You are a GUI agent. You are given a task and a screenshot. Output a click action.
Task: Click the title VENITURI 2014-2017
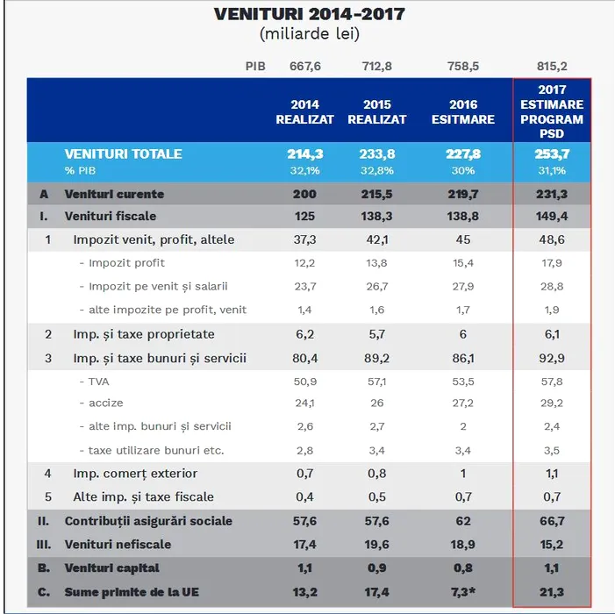click(x=310, y=15)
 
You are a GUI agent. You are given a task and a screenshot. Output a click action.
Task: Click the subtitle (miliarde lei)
click(x=310, y=34)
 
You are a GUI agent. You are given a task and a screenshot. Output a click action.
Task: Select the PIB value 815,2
click(x=552, y=65)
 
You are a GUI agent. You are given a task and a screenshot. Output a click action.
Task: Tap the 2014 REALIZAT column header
click(x=305, y=111)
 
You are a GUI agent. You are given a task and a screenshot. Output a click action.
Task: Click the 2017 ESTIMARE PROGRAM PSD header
click(x=552, y=111)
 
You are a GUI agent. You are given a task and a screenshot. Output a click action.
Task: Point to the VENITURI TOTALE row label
click(x=123, y=153)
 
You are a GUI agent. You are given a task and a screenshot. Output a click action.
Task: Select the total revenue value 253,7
click(x=552, y=153)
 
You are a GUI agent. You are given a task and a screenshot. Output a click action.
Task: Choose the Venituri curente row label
click(x=114, y=194)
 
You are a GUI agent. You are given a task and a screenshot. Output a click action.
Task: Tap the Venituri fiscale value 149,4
click(x=552, y=216)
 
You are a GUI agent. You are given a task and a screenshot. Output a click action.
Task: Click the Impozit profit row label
click(x=126, y=262)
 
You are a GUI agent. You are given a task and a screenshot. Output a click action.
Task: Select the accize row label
click(x=105, y=403)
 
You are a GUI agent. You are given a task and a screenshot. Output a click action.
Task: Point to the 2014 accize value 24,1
click(x=305, y=403)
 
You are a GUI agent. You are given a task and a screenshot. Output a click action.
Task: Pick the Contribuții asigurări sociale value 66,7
click(x=552, y=521)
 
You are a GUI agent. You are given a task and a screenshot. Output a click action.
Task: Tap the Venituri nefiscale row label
click(x=121, y=545)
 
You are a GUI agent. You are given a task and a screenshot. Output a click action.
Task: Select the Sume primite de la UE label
click(x=131, y=592)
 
